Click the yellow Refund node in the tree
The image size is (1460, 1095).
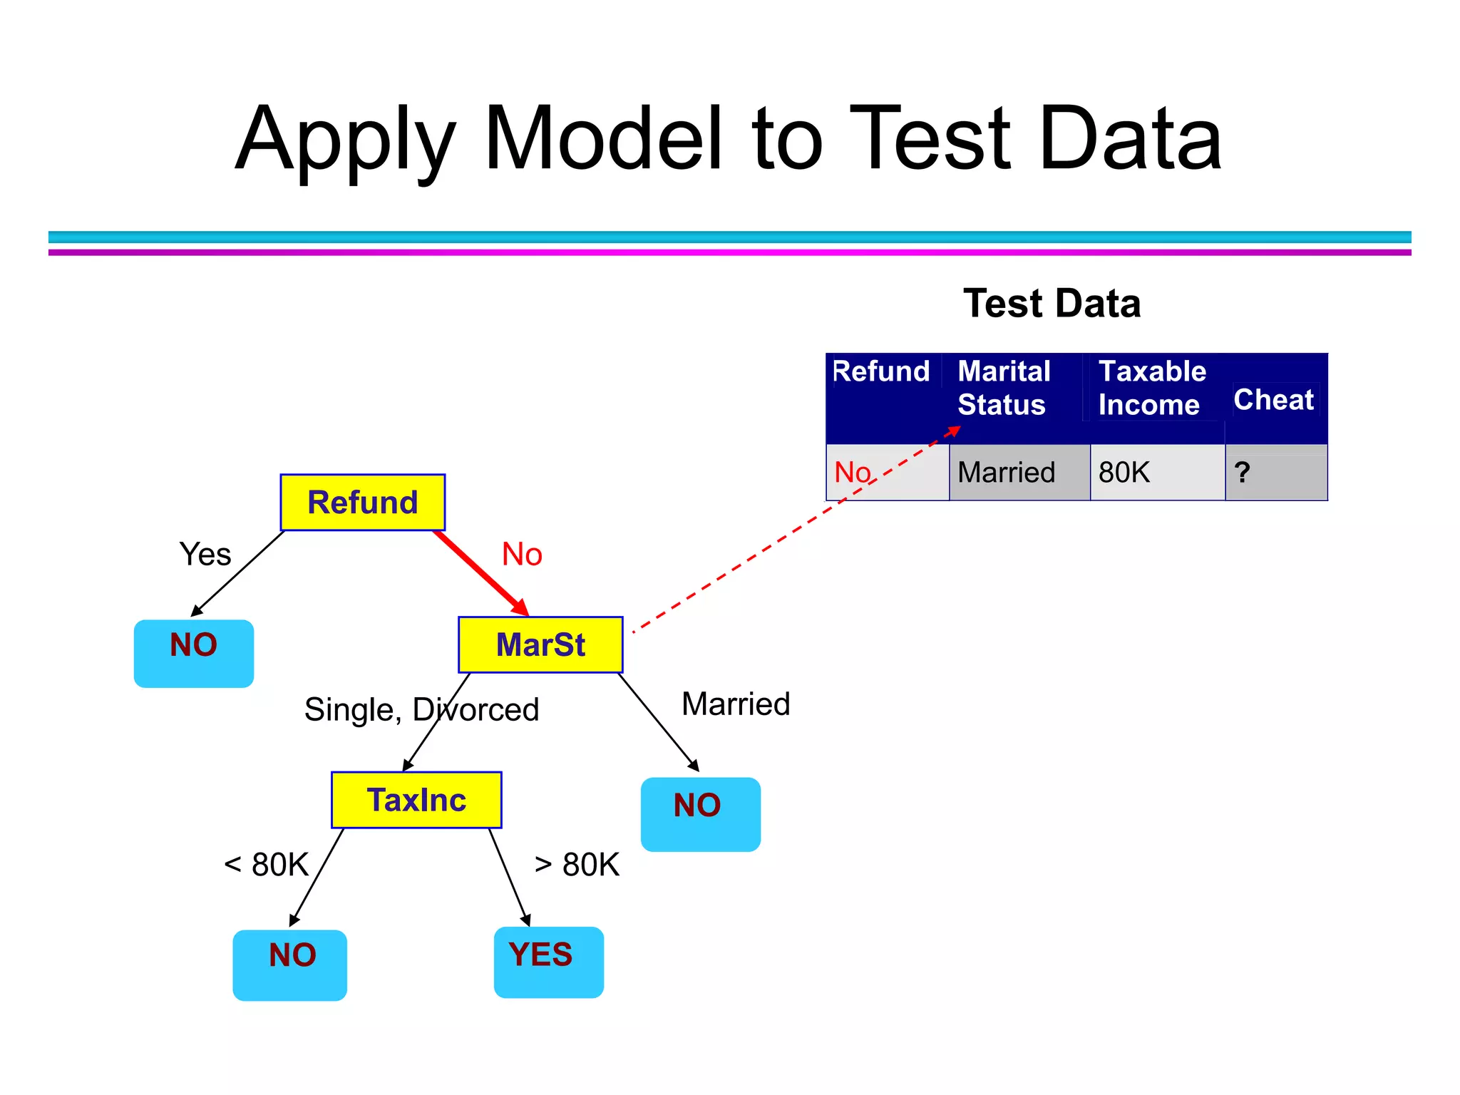tap(362, 503)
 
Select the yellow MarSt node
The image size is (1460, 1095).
tap(540, 644)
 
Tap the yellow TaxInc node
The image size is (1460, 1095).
tap(416, 800)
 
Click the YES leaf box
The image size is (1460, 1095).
tap(548, 962)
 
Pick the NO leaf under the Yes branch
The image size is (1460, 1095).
tap(194, 653)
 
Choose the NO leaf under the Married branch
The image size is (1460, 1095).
tap(700, 814)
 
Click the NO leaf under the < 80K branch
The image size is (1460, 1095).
tap(290, 965)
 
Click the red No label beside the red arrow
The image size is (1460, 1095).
tap(522, 555)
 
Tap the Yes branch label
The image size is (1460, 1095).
tap(205, 555)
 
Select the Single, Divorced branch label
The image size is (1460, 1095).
tap(421, 710)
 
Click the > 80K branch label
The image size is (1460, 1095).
tap(577, 865)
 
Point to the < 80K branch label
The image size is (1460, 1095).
tap(266, 865)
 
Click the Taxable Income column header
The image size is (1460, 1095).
tap(1151, 389)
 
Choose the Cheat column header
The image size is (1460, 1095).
tap(1273, 400)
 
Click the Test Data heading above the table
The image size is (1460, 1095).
tap(1052, 304)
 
